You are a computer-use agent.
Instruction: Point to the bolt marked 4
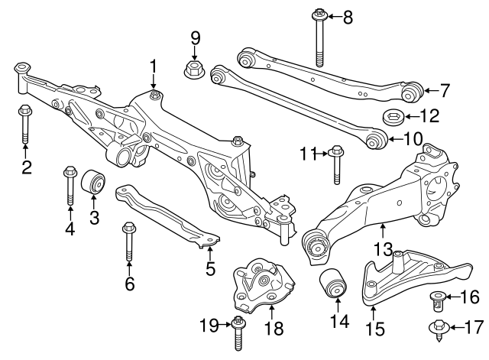point(70,183)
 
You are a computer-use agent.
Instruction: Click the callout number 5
point(211,268)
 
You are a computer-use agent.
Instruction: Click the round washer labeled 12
point(393,118)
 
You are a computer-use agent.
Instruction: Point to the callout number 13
point(383,249)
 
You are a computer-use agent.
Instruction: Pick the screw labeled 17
point(437,329)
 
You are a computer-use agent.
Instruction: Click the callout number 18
point(273,329)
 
